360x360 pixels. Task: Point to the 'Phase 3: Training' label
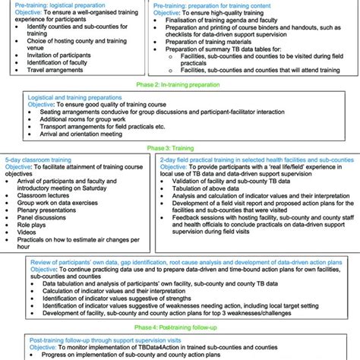click(x=180, y=150)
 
